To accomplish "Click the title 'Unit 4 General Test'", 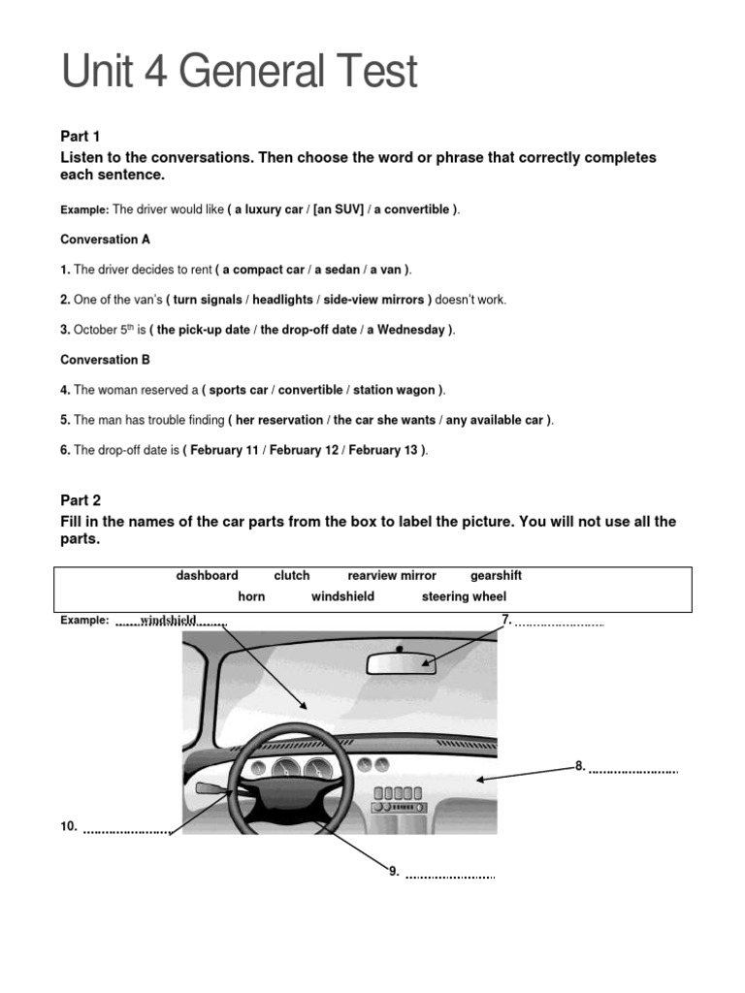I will (240, 73).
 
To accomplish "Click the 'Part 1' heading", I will (81, 137).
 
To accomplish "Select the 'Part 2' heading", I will (81, 500).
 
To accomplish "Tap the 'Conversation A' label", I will (106, 239).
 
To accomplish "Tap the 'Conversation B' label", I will (106, 360).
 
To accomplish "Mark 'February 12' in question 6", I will (304, 450).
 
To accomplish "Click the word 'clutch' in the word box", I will (292, 575).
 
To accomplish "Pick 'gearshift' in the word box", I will (496, 575).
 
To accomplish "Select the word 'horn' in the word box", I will (251, 596).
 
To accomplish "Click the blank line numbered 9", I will (449, 877).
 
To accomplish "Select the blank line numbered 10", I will (126, 831).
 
